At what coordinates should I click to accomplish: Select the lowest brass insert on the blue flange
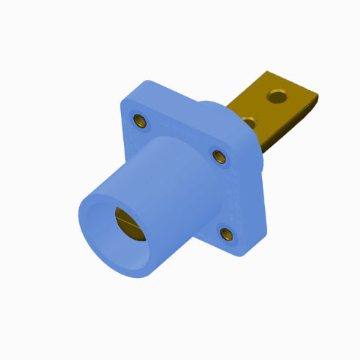(225, 233)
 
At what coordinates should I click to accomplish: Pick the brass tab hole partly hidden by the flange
(248, 119)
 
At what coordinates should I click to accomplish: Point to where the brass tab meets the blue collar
(234, 108)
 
